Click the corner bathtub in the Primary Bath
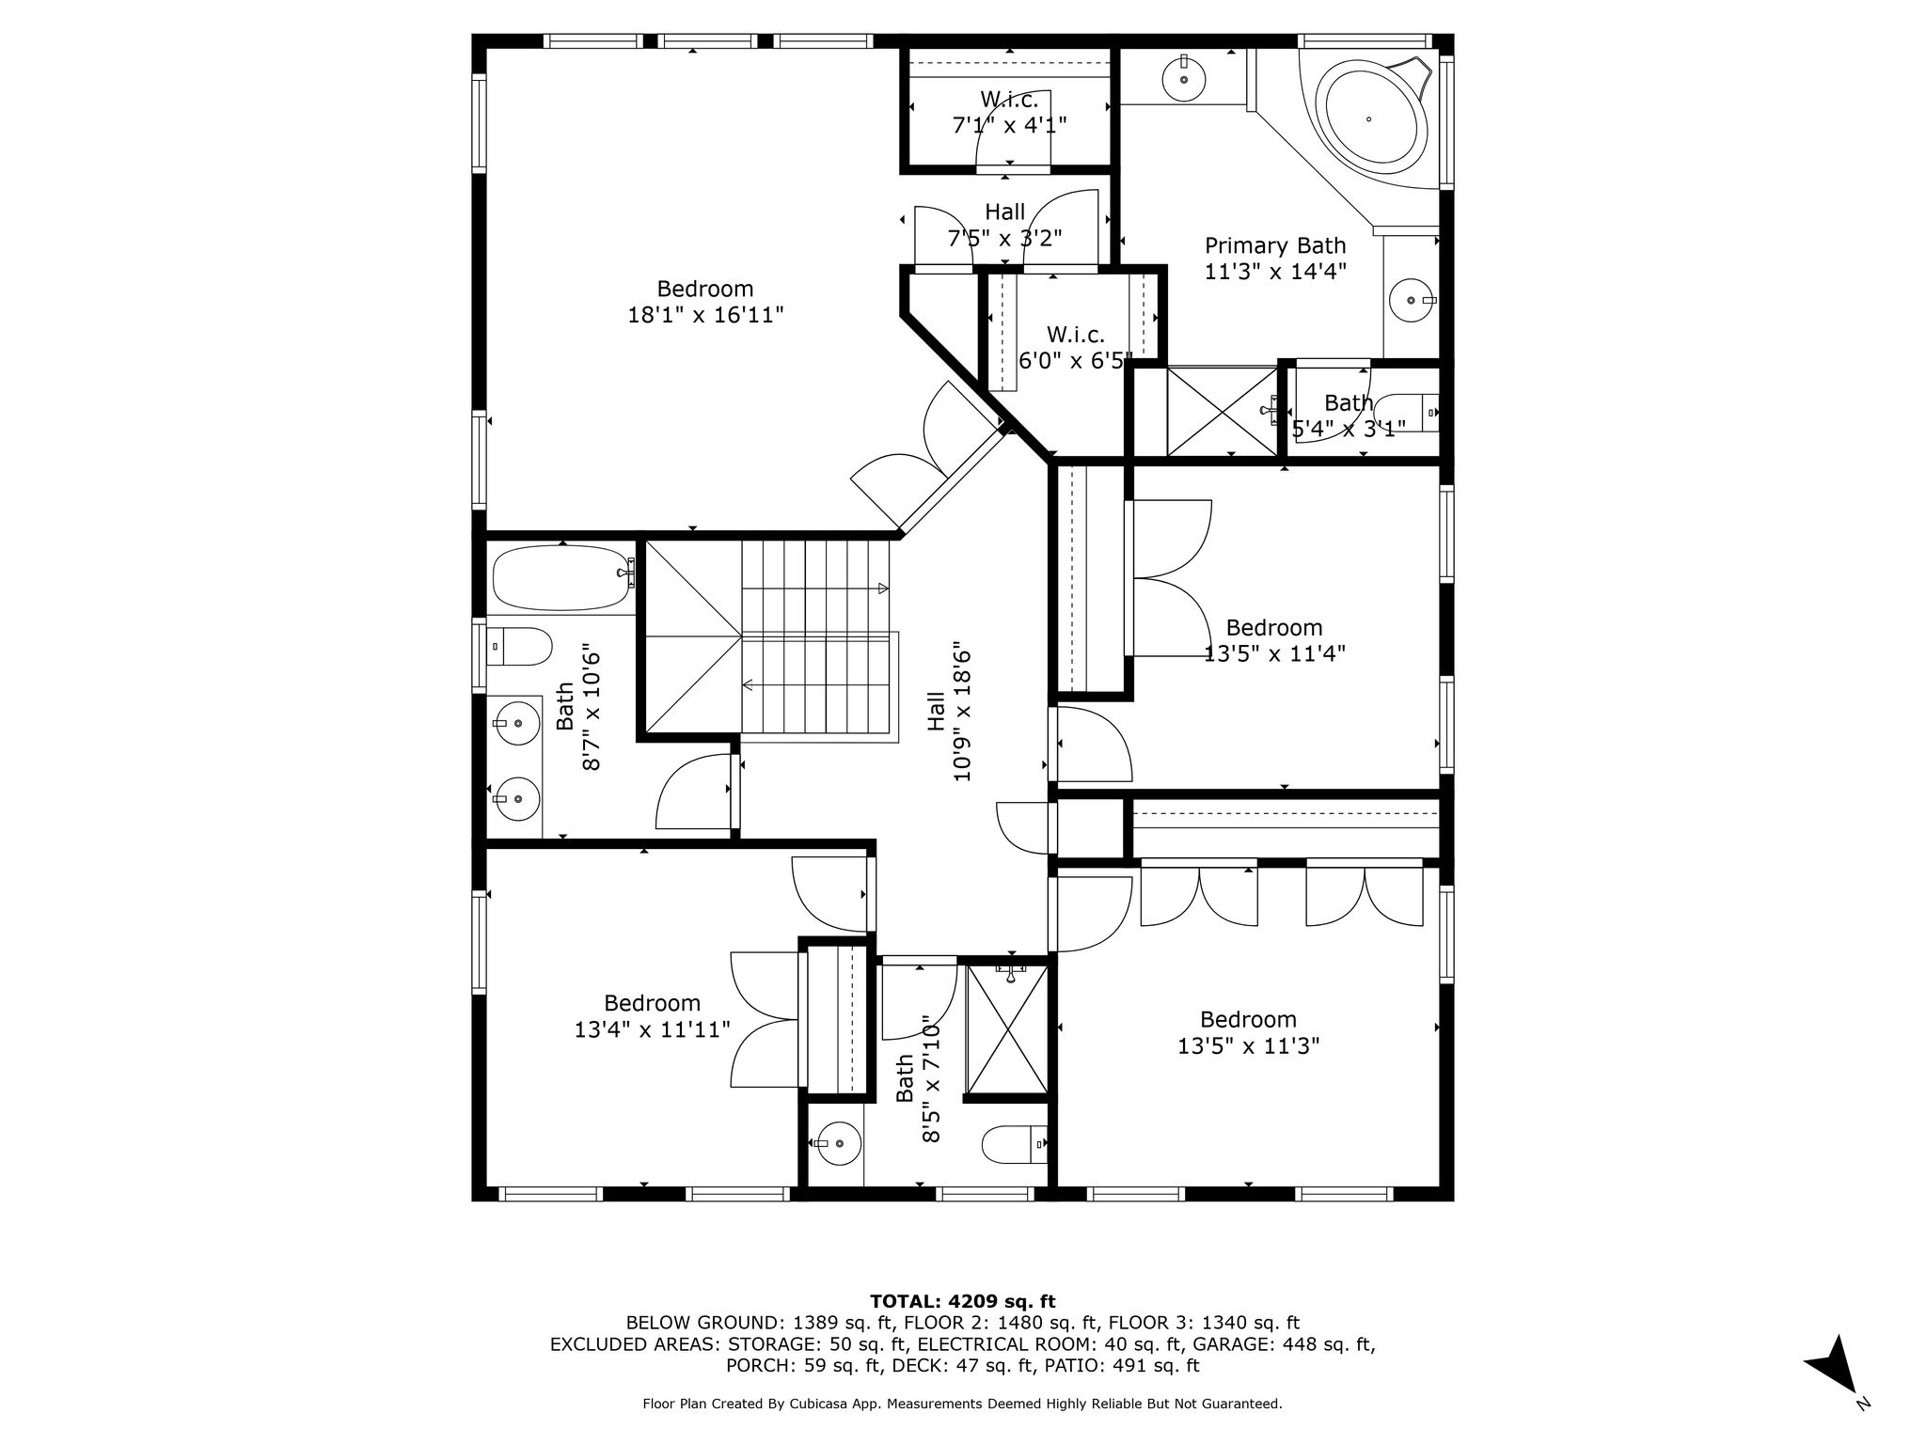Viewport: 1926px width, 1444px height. [1368, 118]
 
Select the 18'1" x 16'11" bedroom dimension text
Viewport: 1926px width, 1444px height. [705, 315]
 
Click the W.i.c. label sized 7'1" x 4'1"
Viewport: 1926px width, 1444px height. [1010, 112]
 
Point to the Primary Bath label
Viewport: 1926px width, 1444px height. [1275, 246]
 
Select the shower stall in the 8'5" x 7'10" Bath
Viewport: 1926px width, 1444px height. [1007, 1029]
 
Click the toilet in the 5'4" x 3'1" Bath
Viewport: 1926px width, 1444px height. [1411, 413]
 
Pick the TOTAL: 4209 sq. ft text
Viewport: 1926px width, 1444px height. [962, 1301]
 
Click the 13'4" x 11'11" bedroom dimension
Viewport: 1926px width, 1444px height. [653, 1029]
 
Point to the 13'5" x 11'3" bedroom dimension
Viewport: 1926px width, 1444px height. [1249, 1045]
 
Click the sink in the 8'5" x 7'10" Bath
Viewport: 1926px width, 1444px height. [836, 1143]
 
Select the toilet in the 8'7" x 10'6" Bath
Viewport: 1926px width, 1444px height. [519, 647]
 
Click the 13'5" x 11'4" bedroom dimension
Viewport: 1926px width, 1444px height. [1274, 653]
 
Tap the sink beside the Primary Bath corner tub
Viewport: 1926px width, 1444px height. [1183, 80]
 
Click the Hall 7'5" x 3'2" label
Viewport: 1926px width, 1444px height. [1005, 225]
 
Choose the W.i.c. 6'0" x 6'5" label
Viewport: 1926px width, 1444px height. [1076, 347]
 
